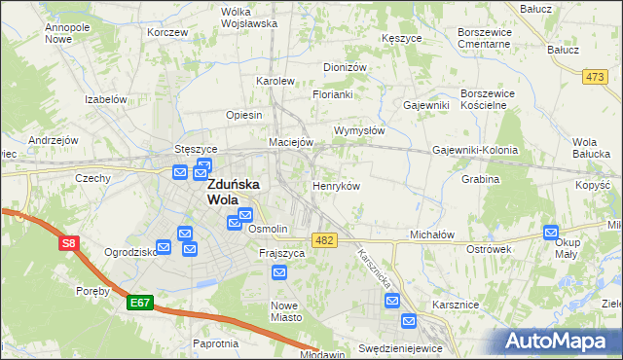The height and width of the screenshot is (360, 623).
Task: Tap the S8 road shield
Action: click(x=68, y=244)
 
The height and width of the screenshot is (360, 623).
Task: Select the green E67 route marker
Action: click(x=139, y=304)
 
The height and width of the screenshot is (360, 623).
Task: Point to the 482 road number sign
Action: click(x=325, y=239)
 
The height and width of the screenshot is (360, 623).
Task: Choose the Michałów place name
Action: click(x=432, y=235)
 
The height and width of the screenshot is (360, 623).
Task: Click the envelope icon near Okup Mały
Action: click(x=552, y=233)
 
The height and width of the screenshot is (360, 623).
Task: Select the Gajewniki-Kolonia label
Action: click(x=475, y=151)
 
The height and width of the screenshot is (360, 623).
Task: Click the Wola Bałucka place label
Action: click(x=593, y=148)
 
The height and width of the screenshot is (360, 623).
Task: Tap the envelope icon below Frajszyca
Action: click(x=279, y=273)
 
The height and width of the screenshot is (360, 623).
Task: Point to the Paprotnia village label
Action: click(x=216, y=343)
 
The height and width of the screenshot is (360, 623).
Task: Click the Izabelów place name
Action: click(x=106, y=99)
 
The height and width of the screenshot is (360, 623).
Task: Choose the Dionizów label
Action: click(x=345, y=67)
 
